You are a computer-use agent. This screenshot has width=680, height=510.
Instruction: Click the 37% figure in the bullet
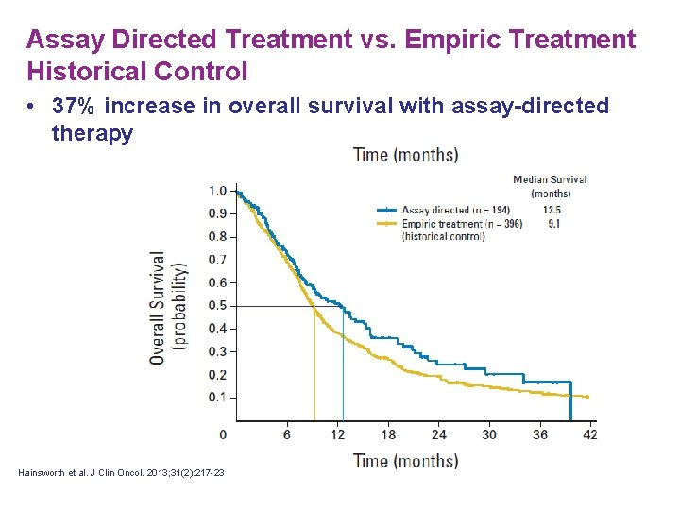[71, 107]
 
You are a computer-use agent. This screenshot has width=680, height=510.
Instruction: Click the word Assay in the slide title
[59, 40]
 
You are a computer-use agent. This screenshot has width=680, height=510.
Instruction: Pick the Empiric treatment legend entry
[444, 224]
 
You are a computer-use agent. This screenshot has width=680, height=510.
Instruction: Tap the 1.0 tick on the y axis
[218, 192]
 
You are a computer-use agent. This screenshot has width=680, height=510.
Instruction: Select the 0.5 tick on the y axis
[218, 306]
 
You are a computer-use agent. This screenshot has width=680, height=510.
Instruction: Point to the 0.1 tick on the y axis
[218, 398]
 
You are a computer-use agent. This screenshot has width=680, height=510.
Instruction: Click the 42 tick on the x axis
[590, 434]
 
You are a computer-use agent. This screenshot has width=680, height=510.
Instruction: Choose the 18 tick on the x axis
[388, 434]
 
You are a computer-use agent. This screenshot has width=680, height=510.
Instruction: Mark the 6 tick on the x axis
[286, 434]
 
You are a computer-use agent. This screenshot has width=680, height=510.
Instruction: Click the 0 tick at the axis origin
[223, 434]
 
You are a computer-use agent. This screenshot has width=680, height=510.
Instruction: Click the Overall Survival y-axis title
[158, 306]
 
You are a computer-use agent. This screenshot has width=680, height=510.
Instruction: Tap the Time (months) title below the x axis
[405, 461]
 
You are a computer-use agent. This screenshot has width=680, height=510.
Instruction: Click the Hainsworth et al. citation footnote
[121, 473]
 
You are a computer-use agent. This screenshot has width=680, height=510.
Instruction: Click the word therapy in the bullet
[92, 133]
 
